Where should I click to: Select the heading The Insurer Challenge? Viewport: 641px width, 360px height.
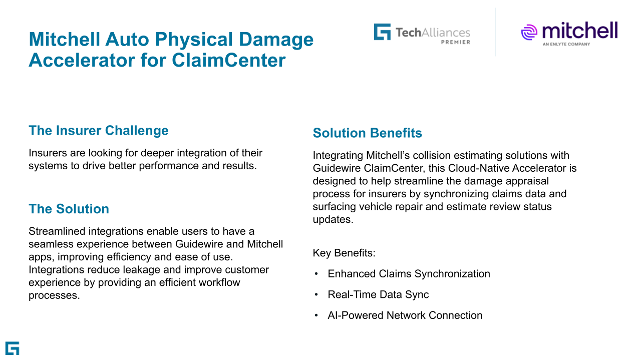pyautogui.click(x=98, y=131)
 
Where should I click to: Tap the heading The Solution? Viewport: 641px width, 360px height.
pyautogui.click(x=69, y=209)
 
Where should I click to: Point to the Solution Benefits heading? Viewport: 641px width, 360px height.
pyautogui.click(x=367, y=133)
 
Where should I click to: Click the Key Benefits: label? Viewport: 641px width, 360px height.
pyautogui.click(x=344, y=253)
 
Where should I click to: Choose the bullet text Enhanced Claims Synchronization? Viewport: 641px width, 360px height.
pyautogui.click(x=409, y=274)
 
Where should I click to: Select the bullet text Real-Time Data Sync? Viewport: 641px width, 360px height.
pyautogui.click(x=378, y=294)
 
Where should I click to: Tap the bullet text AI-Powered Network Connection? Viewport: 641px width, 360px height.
pyautogui.click(x=405, y=315)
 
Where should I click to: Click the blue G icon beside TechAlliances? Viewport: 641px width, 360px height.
pyautogui.click(x=382, y=32)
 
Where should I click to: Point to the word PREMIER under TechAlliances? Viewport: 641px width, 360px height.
pyautogui.click(x=455, y=43)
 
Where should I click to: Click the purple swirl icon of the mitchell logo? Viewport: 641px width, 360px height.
pyautogui.click(x=529, y=33)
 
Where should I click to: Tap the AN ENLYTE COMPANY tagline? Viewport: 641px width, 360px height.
pyautogui.click(x=566, y=44)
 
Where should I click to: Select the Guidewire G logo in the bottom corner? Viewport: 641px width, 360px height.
pyautogui.click(x=12, y=348)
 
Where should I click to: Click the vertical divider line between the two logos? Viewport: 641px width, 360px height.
pyautogui.click(x=495, y=32)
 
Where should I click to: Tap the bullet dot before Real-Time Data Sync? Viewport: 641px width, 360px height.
pyautogui.click(x=316, y=294)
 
